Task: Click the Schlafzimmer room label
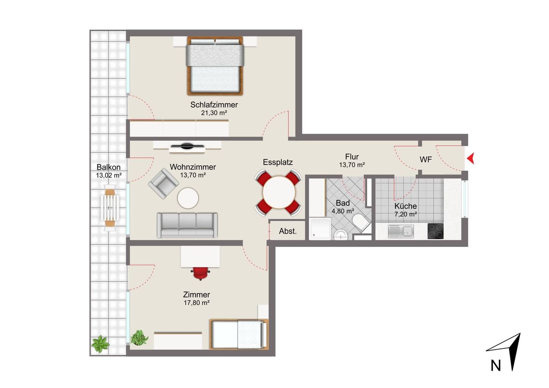[214, 105]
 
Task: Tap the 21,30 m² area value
[214, 113]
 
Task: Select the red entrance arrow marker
[471, 158]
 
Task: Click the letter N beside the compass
[495, 366]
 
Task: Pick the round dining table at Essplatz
[279, 192]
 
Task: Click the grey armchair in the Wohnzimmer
[163, 183]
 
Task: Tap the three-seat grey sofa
[187, 225]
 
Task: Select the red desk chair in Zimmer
[200, 273]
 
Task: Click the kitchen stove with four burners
[435, 231]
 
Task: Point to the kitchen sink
[401, 231]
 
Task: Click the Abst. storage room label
[288, 231]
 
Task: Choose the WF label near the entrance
[426, 159]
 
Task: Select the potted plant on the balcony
[100, 344]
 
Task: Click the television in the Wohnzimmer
[187, 146]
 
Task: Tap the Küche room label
[406, 206]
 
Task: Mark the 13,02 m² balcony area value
[109, 175]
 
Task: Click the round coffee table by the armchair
[188, 198]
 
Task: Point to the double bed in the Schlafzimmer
[215, 66]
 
